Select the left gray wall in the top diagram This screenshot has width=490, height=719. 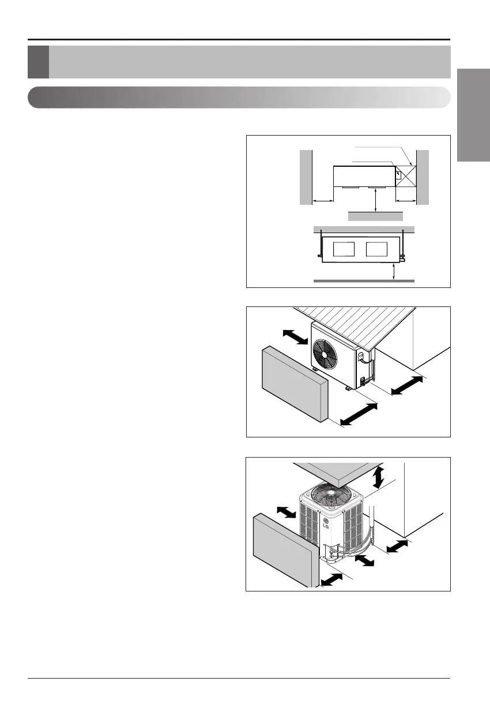pos(306,177)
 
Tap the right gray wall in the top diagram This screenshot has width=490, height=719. pos(423,177)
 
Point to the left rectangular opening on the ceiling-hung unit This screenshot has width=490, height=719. pos(344,249)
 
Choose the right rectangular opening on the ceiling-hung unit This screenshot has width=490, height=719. pos(376,249)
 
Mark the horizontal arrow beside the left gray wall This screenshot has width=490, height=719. pos(323,201)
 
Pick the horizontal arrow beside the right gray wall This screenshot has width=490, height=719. pos(406,201)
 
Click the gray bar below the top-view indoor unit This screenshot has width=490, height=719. pos(375,216)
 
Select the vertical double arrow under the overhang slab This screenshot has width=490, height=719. pos(378,478)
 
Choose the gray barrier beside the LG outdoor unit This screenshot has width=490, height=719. pos(287,549)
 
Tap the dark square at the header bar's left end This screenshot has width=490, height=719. pos(38,62)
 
